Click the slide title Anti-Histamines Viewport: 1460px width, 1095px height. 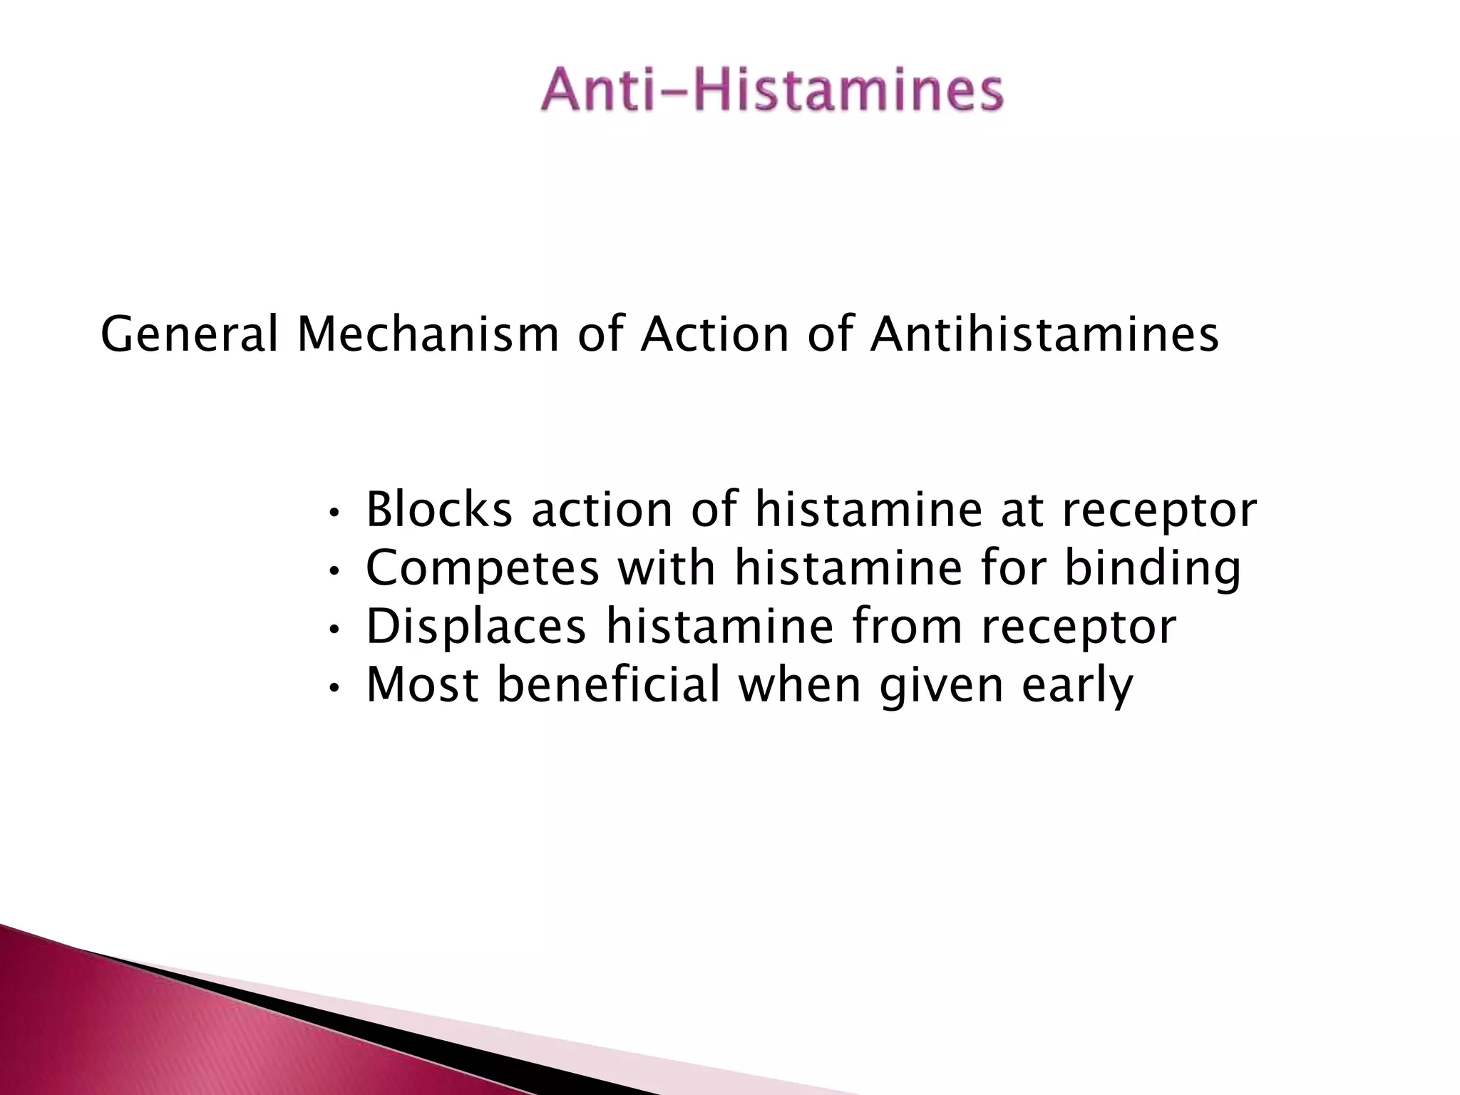coord(772,91)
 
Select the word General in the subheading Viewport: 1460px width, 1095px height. coord(189,334)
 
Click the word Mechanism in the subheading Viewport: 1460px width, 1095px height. coord(428,334)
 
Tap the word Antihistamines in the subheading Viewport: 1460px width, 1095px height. coord(1044,334)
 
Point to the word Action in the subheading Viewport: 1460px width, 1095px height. coord(715,334)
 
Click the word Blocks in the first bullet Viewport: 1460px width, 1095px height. coord(439,510)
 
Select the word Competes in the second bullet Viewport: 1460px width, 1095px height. coord(483,568)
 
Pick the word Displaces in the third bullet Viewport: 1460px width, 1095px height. coord(476,627)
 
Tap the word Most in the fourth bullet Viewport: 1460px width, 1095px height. coord(422,684)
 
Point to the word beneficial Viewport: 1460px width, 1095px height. coord(608,684)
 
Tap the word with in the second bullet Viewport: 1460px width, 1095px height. coord(666,568)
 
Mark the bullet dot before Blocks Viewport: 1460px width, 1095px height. coord(334,513)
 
